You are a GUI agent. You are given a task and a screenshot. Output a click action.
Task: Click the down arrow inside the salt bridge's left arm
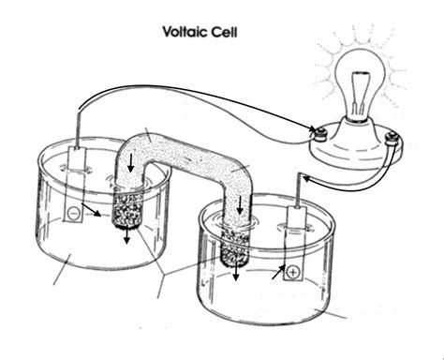131,166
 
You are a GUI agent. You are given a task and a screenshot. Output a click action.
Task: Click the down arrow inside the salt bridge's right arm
241,203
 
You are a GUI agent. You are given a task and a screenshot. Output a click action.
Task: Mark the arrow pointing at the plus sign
278,272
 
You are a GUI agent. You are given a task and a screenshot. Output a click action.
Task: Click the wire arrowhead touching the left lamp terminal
312,130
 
